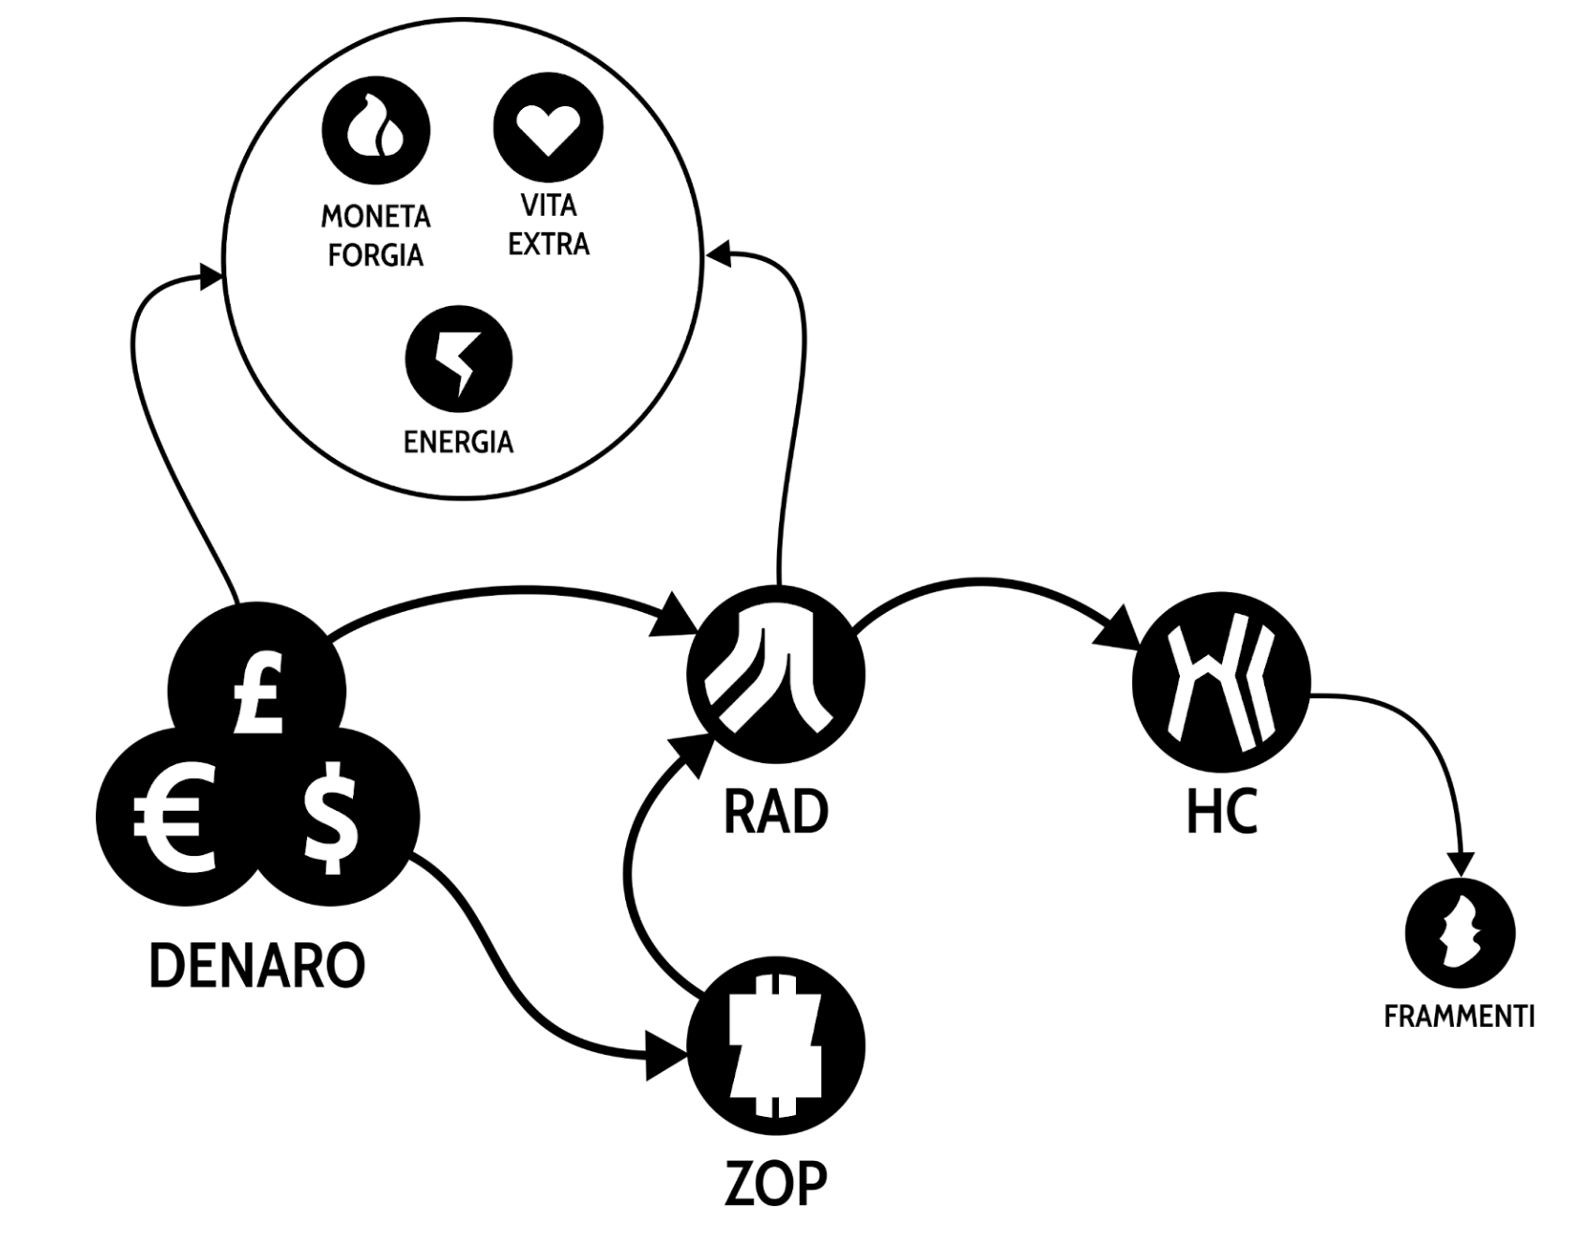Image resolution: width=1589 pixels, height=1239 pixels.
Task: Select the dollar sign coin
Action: (332, 817)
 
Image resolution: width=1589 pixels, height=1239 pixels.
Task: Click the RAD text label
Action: (776, 813)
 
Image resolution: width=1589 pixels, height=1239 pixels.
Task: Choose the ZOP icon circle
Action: (776, 1046)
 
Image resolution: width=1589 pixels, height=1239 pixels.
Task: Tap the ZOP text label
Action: (776, 1185)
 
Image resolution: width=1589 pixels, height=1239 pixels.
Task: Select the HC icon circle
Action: (1220, 678)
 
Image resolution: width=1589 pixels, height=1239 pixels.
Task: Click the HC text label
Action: (1221, 813)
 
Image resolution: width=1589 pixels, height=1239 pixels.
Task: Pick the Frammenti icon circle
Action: (1459, 933)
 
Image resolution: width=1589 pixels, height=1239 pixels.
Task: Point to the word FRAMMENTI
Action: (1459, 1017)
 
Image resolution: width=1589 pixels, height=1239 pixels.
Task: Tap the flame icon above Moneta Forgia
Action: (375, 130)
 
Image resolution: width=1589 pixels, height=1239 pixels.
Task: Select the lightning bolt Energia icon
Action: (459, 360)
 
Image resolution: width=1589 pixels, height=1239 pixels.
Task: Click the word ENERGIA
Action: (459, 442)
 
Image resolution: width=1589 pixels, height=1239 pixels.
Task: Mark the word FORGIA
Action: (375, 255)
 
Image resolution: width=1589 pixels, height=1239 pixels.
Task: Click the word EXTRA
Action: (548, 244)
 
